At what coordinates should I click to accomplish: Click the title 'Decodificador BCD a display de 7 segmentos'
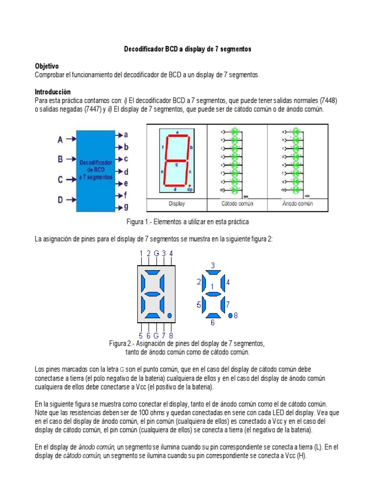click(187, 50)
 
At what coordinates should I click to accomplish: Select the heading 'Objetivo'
click(47, 66)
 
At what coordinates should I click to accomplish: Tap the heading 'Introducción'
click(53, 92)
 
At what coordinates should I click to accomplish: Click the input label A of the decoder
click(60, 140)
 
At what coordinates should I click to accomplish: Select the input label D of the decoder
click(60, 199)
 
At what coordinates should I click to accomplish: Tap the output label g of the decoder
click(126, 208)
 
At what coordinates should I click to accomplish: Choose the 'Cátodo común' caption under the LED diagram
click(237, 203)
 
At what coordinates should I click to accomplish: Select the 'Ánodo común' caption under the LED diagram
click(297, 203)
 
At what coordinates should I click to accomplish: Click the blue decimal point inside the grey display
click(169, 316)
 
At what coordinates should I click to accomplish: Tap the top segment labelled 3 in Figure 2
click(212, 271)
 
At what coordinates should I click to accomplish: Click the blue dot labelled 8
click(230, 316)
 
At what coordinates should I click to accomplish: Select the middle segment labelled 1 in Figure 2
click(212, 294)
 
